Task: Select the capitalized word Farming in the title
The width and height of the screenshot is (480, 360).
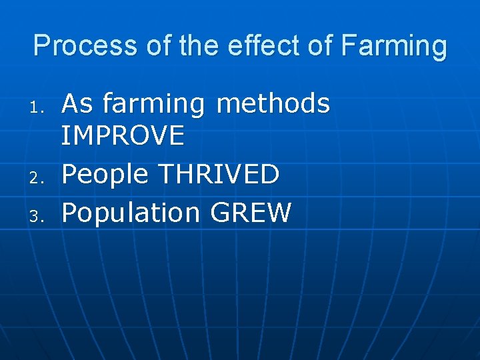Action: tap(393, 46)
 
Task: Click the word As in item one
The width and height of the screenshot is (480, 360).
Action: tap(77, 104)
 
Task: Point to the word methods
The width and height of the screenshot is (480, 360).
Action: tap(273, 104)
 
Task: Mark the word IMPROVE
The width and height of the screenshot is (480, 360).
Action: tap(123, 136)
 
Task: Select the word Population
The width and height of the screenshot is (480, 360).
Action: tap(131, 214)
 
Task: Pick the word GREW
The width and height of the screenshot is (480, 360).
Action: tap(251, 213)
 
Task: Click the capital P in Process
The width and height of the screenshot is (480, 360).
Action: tap(41, 46)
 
